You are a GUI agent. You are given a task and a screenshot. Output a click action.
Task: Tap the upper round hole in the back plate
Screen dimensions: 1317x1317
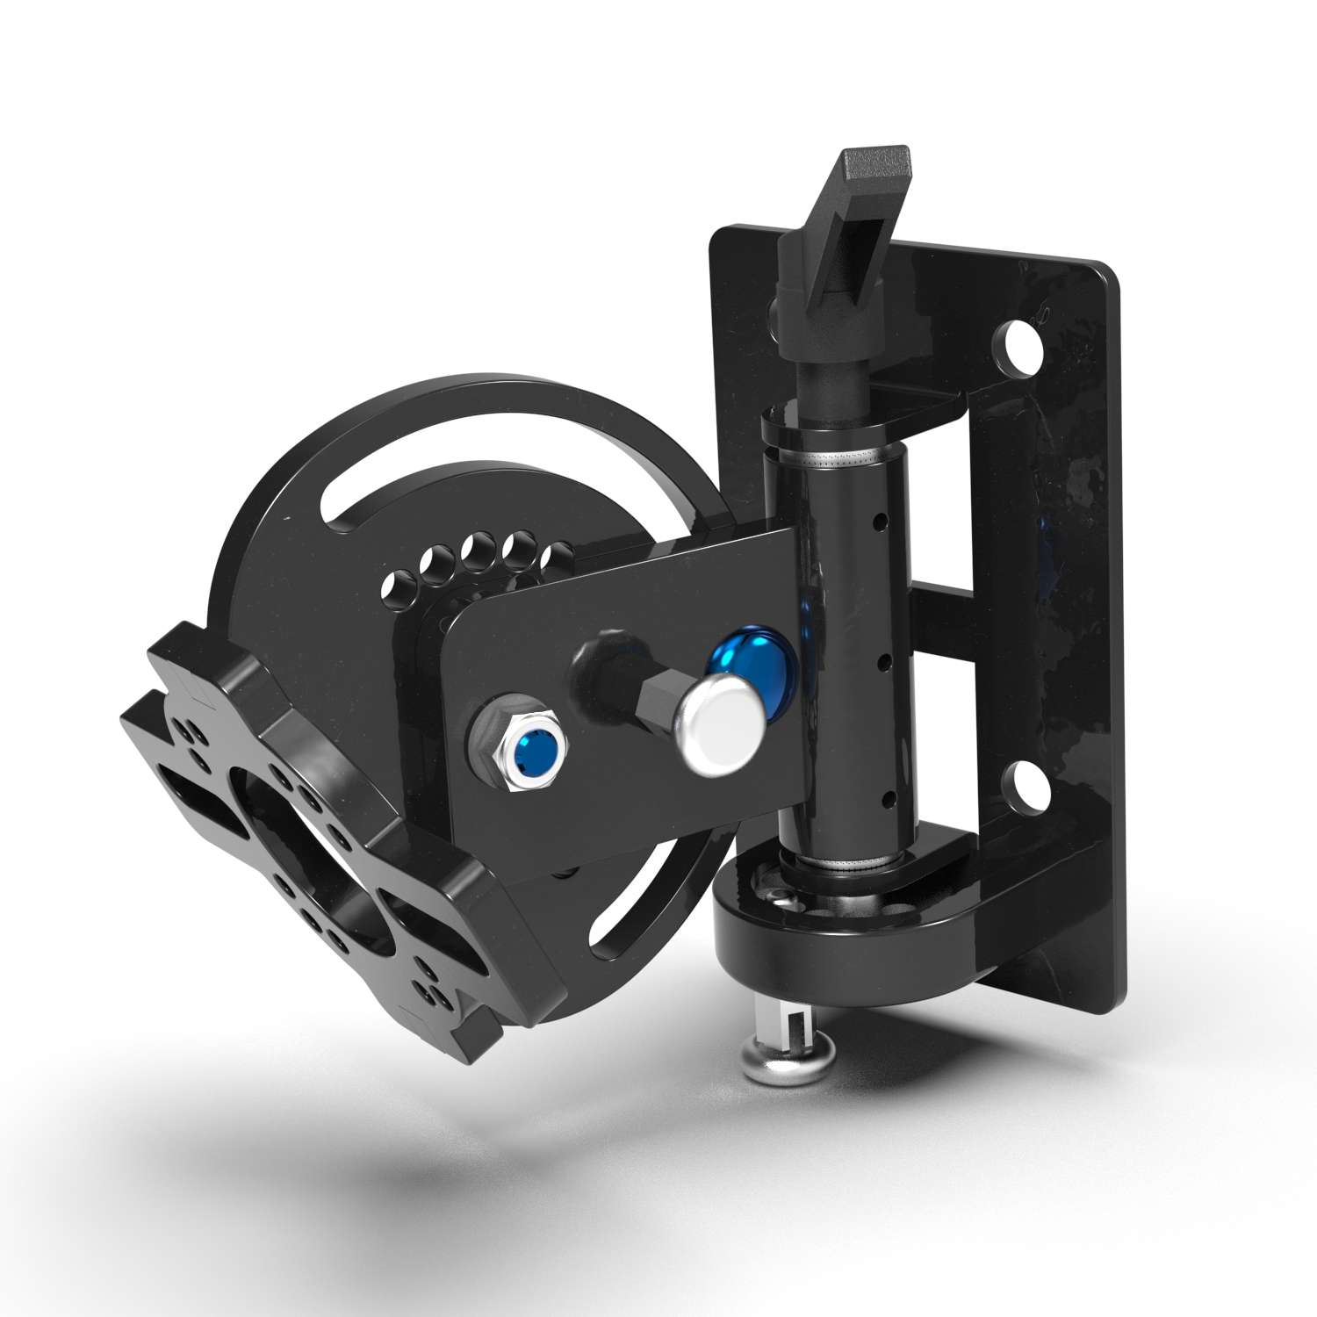[1020, 343]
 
